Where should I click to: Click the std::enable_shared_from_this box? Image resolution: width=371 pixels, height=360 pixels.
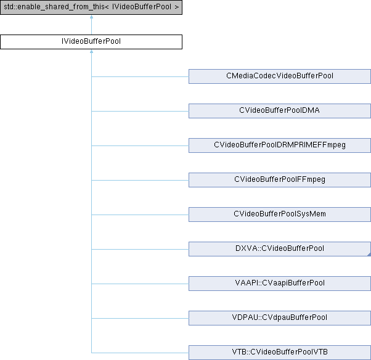point(91,7)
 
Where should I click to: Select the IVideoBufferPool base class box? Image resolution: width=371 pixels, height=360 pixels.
point(91,42)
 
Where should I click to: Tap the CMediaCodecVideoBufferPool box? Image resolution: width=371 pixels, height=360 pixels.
point(280,76)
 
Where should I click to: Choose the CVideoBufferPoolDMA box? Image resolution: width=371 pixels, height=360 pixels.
point(280,111)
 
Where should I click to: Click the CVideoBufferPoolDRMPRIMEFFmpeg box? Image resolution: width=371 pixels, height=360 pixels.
point(280,145)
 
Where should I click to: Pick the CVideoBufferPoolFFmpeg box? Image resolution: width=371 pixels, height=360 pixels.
point(280,180)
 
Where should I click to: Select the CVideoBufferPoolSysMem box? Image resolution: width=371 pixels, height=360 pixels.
point(280,215)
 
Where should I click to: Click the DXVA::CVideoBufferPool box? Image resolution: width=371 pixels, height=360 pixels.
point(280,249)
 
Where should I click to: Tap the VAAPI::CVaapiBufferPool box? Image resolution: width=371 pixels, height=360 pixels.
point(280,284)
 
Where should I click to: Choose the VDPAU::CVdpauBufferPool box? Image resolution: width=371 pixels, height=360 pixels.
point(280,318)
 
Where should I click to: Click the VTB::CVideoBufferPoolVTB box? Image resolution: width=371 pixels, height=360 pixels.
point(280,353)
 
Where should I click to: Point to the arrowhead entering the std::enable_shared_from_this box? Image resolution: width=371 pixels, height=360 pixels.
point(91,17)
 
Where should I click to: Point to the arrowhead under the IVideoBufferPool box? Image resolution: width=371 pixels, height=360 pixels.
point(91,51)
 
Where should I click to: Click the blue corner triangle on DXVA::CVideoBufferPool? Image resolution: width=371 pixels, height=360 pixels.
point(369,255)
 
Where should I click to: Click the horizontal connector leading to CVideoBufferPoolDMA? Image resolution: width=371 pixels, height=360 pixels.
point(140,111)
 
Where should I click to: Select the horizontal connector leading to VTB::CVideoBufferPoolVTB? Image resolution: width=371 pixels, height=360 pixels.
point(140,353)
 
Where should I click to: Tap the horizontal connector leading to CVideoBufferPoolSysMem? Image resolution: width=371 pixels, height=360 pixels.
point(140,215)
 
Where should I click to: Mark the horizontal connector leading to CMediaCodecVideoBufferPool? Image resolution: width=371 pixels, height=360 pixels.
point(140,76)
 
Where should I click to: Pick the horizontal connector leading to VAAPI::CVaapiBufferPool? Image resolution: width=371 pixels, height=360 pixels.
point(140,284)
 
